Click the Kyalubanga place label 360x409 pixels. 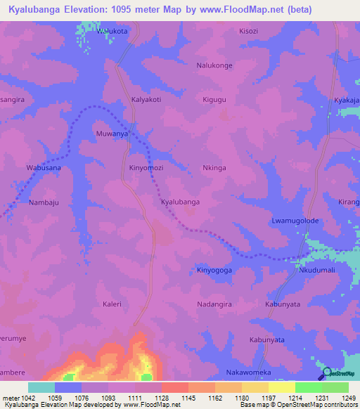point(180,202)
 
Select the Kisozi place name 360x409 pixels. point(249,32)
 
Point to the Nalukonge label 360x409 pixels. point(214,65)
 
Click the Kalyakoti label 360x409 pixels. point(146,100)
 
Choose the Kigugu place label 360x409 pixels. point(214,100)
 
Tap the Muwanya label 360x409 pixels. point(112,132)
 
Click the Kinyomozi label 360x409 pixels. point(146,168)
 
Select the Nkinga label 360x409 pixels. point(214,168)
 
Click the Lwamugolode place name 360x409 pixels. point(295,221)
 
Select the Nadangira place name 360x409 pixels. point(214,304)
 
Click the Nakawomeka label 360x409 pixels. point(248,372)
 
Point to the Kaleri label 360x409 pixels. point(112,304)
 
